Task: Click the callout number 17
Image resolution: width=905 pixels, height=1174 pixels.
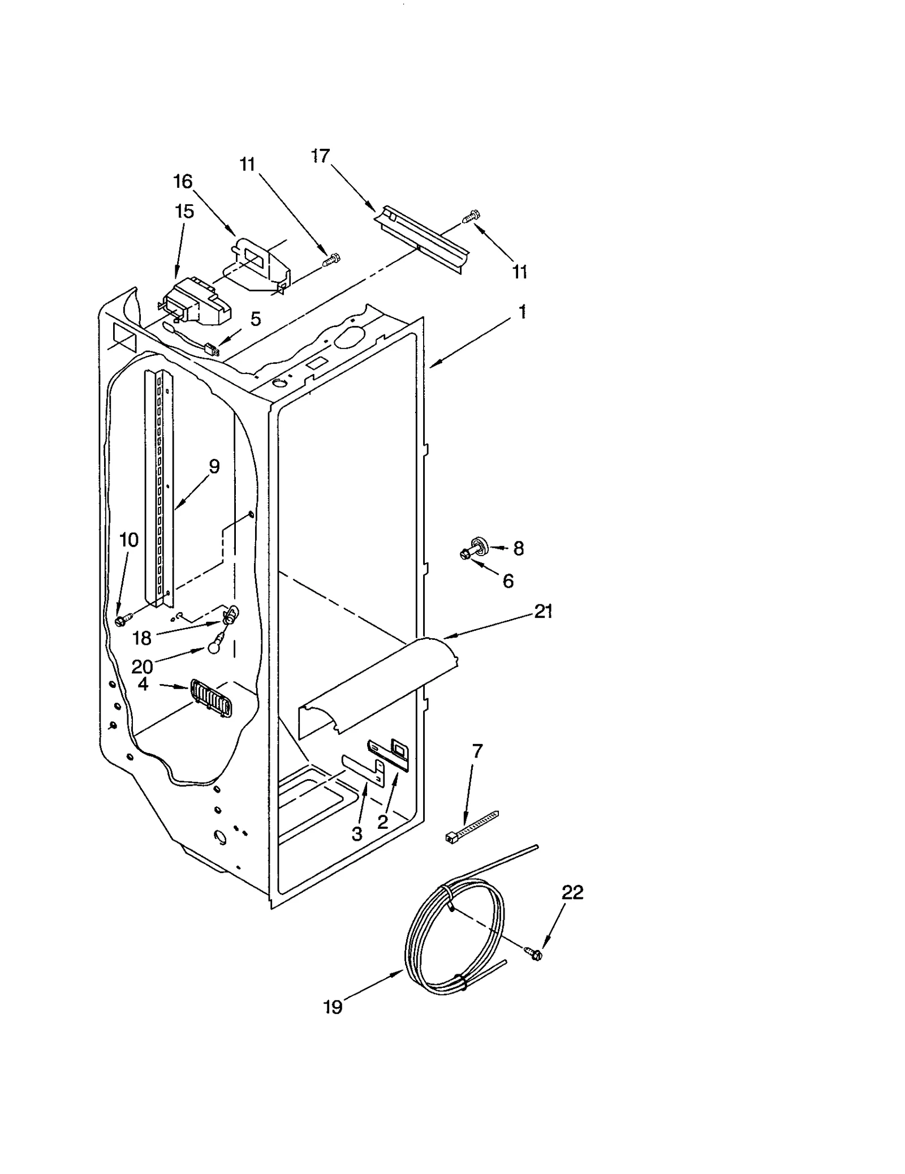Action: pyautogui.click(x=321, y=156)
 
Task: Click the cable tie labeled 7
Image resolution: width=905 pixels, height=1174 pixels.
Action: pyautogui.click(x=471, y=829)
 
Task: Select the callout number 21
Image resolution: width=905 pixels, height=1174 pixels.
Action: pyautogui.click(x=544, y=611)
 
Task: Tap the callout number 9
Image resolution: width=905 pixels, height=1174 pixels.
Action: pyautogui.click(x=214, y=466)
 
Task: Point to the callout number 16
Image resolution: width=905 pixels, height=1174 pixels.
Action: pyautogui.click(x=183, y=182)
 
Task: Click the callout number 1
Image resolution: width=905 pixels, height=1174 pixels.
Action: pyautogui.click(x=522, y=312)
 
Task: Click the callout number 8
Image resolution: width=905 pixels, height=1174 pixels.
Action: pyautogui.click(x=518, y=548)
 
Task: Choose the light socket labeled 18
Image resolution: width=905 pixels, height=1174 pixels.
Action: pyautogui.click(x=231, y=614)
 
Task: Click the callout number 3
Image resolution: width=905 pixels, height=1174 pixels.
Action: pyautogui.click(x=356, y=833)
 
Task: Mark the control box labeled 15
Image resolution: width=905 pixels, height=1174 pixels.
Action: pyautogui.click(x=195, y=303)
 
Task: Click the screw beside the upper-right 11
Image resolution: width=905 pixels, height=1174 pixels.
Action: pyautogui.click(x=471, y=216)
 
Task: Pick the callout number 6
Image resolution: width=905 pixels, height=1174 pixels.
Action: pyautogui.click(x=508, y=580)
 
